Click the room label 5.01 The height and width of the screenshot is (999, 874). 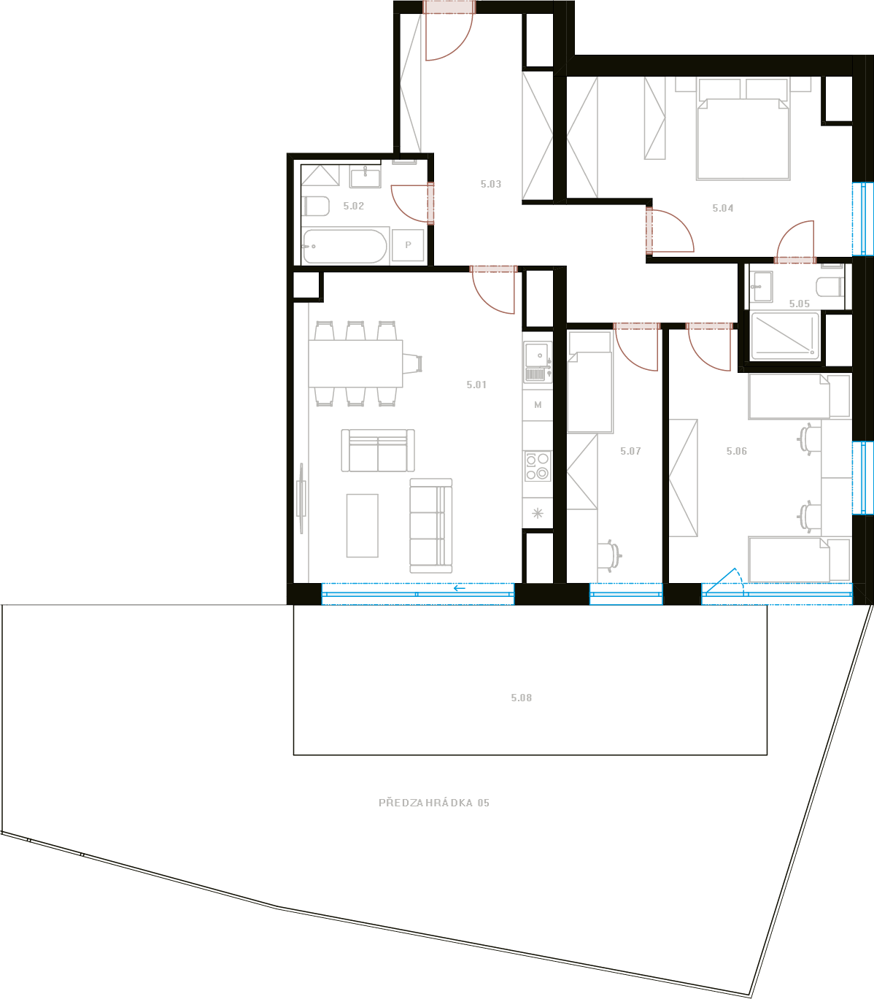click(x=476, y=385)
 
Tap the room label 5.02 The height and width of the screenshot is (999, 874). click(x=353, y=206)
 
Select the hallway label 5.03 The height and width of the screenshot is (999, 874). click(x=490, y=184)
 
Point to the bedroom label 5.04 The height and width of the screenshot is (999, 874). click(x=722, y=208)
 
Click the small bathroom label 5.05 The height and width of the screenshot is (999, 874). click(x=800, y=304)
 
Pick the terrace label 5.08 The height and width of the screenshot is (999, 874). click(x=521, y=698)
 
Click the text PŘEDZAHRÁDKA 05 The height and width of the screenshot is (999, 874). click(x=434, y=803)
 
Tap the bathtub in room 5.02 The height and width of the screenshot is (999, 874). click(x=344, y=246)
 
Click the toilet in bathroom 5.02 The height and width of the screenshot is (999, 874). click(x=316, y=206)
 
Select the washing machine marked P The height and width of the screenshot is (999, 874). click(x=408, y=245)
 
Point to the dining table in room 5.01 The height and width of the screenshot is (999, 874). click(x=355, y=363)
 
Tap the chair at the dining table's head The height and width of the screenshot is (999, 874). click(x=412, y=363)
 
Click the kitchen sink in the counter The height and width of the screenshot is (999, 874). click(x=537, y=361)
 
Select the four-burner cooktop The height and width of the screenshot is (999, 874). click(x=537, y=466)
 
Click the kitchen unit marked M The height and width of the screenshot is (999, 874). click(x=537, y=405)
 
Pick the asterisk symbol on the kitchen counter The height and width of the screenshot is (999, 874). click(x=537, y=513)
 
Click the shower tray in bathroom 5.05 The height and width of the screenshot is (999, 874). click(x=785, y=336)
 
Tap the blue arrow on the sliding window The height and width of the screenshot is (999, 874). click(x=459, y=588)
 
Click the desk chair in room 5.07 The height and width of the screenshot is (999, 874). click(x=610, y=555)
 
